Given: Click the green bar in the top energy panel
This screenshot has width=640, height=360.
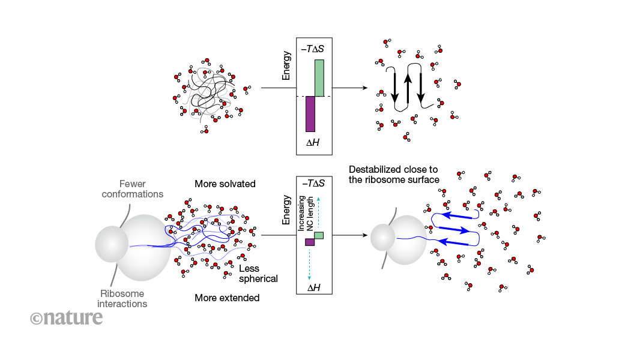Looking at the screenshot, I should [x=319, y=77].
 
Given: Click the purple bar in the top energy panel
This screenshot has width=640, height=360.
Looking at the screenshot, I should [x=310, y=113].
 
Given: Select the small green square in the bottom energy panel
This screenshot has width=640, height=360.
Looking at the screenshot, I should [x=319, y=235].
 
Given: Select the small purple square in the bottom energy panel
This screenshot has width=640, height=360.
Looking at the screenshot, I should [x=310, y=242].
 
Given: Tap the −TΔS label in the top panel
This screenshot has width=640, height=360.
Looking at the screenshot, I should [x=315, y=47].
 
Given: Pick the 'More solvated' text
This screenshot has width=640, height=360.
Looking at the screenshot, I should [x=225, y=183].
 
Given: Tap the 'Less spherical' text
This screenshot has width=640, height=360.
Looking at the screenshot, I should [x=258, y=274].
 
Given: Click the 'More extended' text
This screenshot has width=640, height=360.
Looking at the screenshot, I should [x=227, y=298].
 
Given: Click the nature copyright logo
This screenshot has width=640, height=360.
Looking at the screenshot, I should [x=67, y=318].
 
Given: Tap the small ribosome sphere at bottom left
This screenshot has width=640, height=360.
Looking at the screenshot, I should [x=112, y=245].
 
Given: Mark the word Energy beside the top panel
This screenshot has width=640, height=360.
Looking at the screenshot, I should [x=287, y=65].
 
